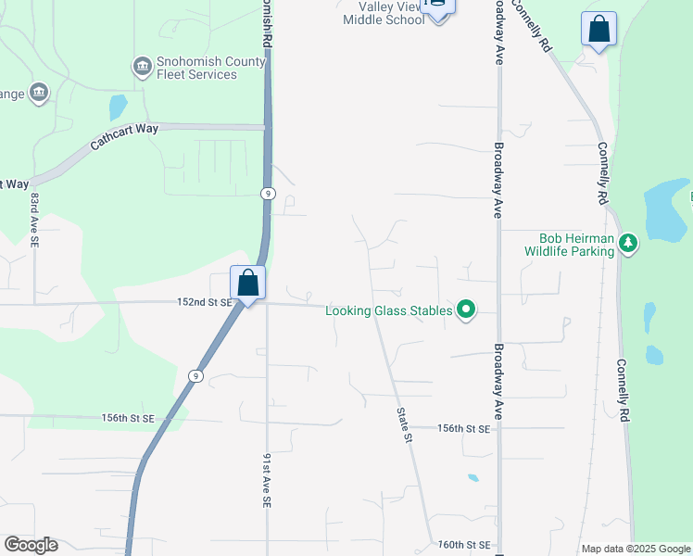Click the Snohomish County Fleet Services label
click(196, 69)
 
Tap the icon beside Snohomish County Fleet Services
click(142, 65)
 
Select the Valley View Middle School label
click(384, 13)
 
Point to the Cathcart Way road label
click(124, 136)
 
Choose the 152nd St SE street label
click(204, 302)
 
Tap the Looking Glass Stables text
click(389, 310)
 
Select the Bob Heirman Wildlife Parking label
click(569, 245)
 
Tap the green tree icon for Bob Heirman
click(629, 243)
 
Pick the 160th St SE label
click(463, 545)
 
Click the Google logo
click(31, 545)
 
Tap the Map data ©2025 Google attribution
click(636, 549)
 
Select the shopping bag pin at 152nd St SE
click(247, 283)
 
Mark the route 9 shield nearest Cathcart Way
click(267, 193)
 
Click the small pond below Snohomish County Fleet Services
click(118, 107)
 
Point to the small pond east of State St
click(473, 478)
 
